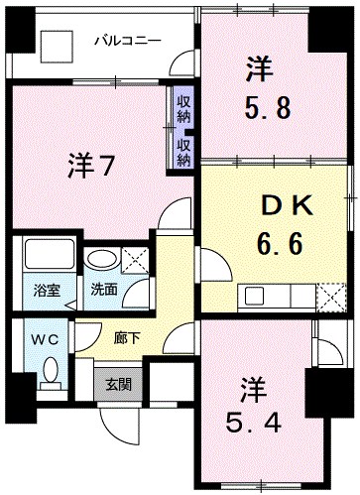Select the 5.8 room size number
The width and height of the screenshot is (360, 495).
(267, 106)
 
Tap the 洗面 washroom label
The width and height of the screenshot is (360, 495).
(103, 292)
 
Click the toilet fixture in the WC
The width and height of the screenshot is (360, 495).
(51, 376)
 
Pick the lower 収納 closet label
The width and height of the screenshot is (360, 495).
(183, 151)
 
